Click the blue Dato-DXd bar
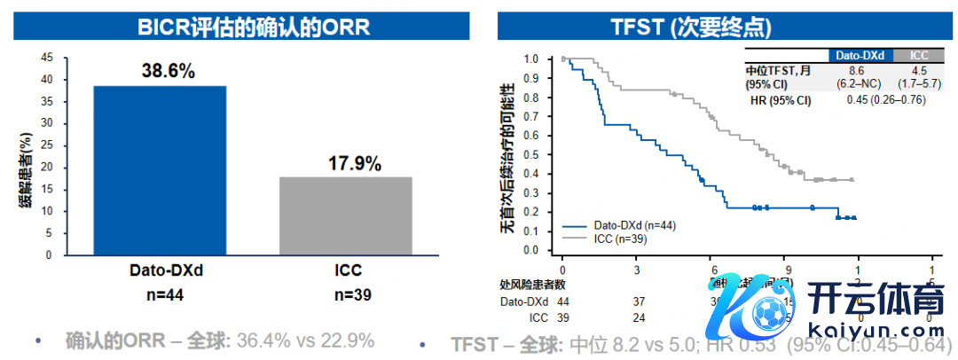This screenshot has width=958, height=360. tap(159, 169)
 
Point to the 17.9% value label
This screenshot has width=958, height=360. tap(355, 164)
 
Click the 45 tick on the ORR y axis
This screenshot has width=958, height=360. tap(48, 58)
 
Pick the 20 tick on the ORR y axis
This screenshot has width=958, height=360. tap(48, 167)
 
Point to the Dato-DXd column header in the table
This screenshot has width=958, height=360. tap(856, 55)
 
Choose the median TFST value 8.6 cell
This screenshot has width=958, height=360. tap(856, 69)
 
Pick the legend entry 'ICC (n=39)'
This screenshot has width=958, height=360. tap(622, 239)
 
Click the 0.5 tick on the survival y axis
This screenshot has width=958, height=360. tap(531, 154)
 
